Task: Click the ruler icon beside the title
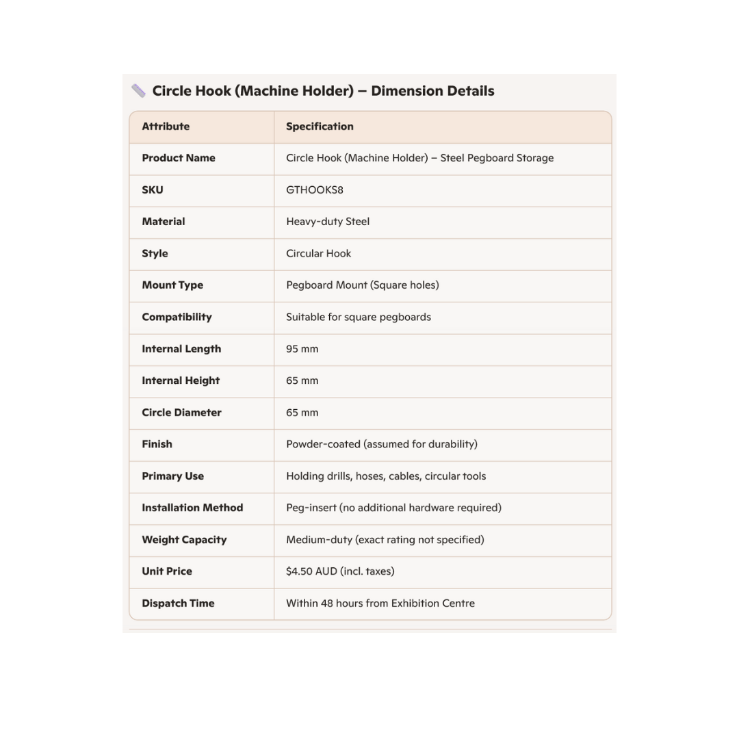coord(138,91)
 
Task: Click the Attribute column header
coord(166,127)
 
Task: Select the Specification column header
coord(320,127)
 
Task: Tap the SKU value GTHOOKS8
coord(315,190)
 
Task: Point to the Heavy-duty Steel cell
coord(328,222)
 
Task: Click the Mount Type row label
coord(172,285)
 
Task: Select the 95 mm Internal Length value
coord(302,349)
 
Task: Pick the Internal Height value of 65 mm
coord(302,380)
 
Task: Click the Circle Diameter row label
coord(181,413)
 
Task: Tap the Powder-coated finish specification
coord(382,444)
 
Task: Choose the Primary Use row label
coord(172,476)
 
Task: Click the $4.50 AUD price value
coord(340,571)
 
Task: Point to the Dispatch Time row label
coord(178,604)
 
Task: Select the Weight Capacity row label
coord(184,540)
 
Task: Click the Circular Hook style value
coord(318,254)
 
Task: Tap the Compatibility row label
coord(177,317)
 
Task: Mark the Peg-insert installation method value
coord(393,508)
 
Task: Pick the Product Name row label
coord(179,158)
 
